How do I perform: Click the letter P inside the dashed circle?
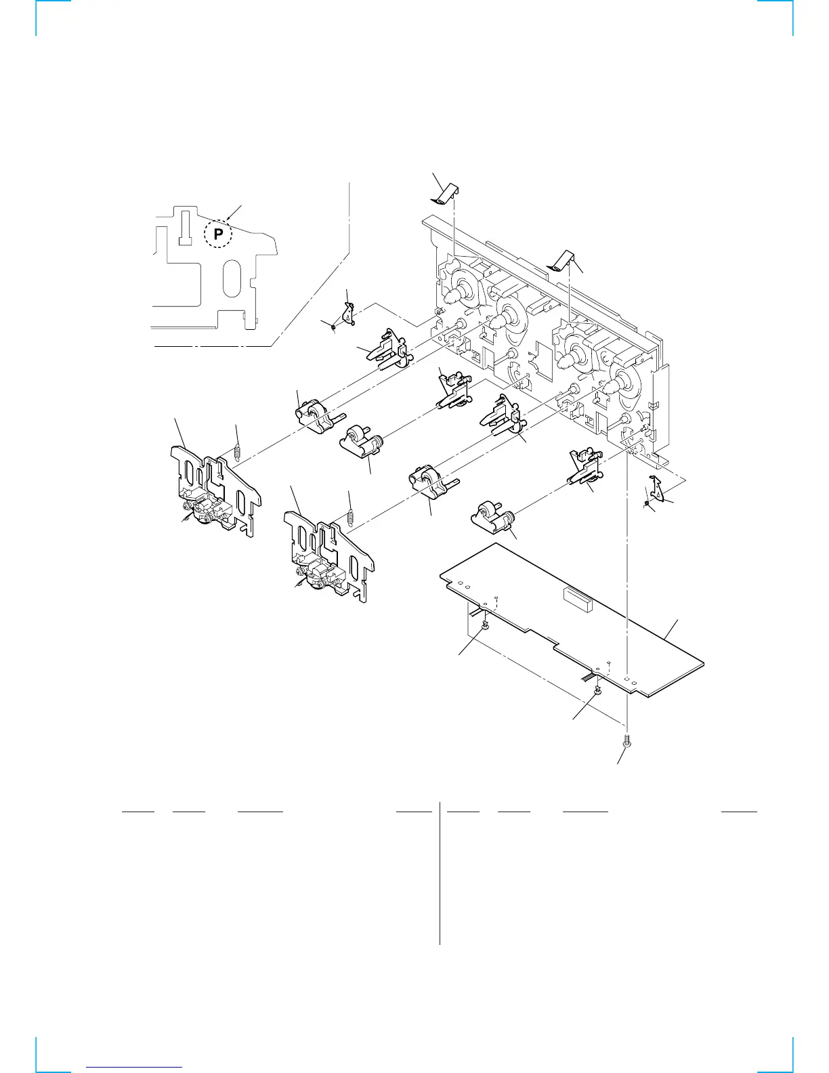click(218, 235)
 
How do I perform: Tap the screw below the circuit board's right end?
click(627, 742)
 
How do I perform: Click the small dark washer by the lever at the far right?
click(647, 505)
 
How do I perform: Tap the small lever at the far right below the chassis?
click(657, 488)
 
